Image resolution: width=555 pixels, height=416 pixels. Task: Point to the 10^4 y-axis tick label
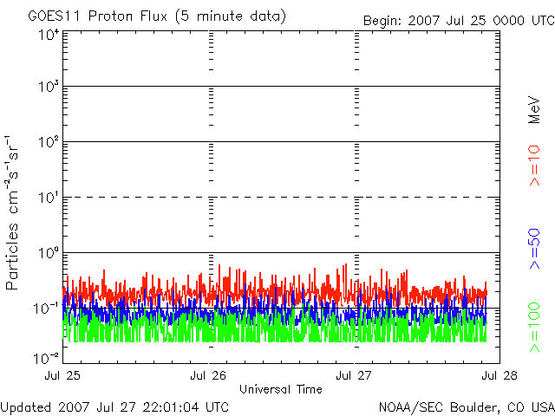point(49,36)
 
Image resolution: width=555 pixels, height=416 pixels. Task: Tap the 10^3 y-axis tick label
point(49,88)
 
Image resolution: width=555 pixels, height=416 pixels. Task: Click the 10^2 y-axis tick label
point(49,143)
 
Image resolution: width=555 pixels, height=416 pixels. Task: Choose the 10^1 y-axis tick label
point(49,198)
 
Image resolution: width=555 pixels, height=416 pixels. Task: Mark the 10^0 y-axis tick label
point(49,253)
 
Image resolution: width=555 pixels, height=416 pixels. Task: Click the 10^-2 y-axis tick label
point(47,356)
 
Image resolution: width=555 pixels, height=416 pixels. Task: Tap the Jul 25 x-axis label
point(62,375)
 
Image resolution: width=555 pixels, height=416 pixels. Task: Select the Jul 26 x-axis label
point(208,375)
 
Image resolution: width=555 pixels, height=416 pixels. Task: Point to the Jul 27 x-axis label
point(354,375)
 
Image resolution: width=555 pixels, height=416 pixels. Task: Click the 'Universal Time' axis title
point(280,389)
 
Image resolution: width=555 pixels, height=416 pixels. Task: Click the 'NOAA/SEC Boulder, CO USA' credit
point(466,406)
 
